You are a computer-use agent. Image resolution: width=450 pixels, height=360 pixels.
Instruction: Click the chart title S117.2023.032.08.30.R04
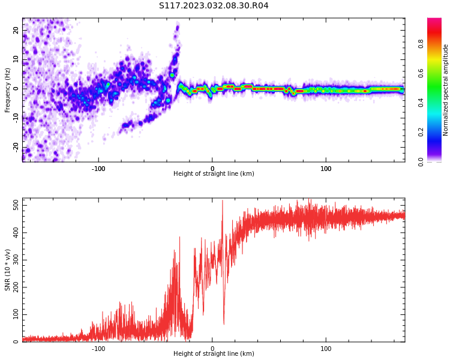(x=214, y=6)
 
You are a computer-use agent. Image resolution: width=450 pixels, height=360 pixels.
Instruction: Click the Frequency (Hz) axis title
(x=7, y=90)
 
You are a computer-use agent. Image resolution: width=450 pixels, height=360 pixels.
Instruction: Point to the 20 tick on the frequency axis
(x=16, y=30)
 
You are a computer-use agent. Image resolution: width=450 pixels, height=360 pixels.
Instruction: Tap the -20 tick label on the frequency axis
(x=16, y=148)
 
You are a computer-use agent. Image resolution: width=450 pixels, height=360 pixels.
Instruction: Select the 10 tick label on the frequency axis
(x=16, y=59)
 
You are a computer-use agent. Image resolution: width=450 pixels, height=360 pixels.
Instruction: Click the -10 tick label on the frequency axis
(x=16, y=118)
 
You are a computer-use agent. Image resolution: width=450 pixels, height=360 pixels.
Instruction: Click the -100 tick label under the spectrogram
(x=98, y=169)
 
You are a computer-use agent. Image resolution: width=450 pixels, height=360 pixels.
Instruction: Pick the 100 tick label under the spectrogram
(x=326, y=169)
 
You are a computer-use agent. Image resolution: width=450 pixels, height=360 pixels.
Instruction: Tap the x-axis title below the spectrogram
(x=214, y=173)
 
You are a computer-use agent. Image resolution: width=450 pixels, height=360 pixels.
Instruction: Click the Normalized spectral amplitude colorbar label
(x=445, y=90)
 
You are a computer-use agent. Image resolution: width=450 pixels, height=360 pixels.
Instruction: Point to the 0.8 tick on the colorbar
(x=421, y=44)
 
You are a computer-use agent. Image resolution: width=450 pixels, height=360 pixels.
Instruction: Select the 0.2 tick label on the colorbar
(x=421, y=133)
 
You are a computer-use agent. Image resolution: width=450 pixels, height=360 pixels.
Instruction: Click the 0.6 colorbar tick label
(x=421, y=73)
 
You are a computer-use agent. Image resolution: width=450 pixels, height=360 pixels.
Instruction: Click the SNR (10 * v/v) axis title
(x=7, y=270)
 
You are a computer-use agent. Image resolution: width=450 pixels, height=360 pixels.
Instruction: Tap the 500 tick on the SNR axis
(x=16, y=206)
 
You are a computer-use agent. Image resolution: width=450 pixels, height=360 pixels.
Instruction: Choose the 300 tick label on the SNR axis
(x=16, y=260)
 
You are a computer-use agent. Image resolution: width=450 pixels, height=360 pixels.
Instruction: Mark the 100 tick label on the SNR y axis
(x=16, y=314)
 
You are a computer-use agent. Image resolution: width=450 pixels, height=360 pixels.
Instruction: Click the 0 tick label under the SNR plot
(x=212, y=349)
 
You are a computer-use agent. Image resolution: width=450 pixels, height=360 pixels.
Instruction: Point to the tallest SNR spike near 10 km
(x=223, y=200)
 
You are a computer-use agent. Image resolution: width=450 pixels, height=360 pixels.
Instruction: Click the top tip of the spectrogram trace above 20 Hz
(x=178, y=26)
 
